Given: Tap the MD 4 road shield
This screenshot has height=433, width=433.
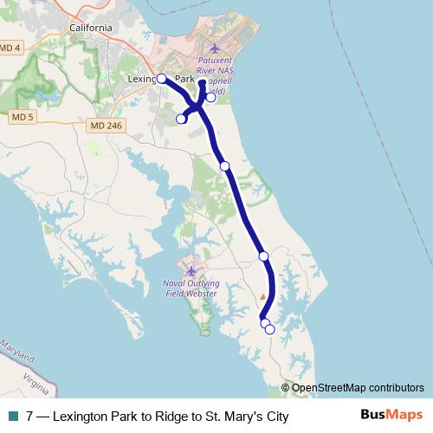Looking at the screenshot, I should (10, 48).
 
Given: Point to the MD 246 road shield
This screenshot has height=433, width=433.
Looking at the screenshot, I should (107, 126).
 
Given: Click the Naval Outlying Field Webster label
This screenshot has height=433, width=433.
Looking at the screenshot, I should (191, 288).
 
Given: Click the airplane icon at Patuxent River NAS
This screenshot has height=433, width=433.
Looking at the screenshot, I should (216, 47).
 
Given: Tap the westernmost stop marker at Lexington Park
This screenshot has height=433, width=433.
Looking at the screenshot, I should (161, 78).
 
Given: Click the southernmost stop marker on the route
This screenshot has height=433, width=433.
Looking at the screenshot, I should (269, 329).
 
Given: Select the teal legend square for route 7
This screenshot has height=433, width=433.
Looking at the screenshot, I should (12, 416).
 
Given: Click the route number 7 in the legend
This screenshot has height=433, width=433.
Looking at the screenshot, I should (30, 416).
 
